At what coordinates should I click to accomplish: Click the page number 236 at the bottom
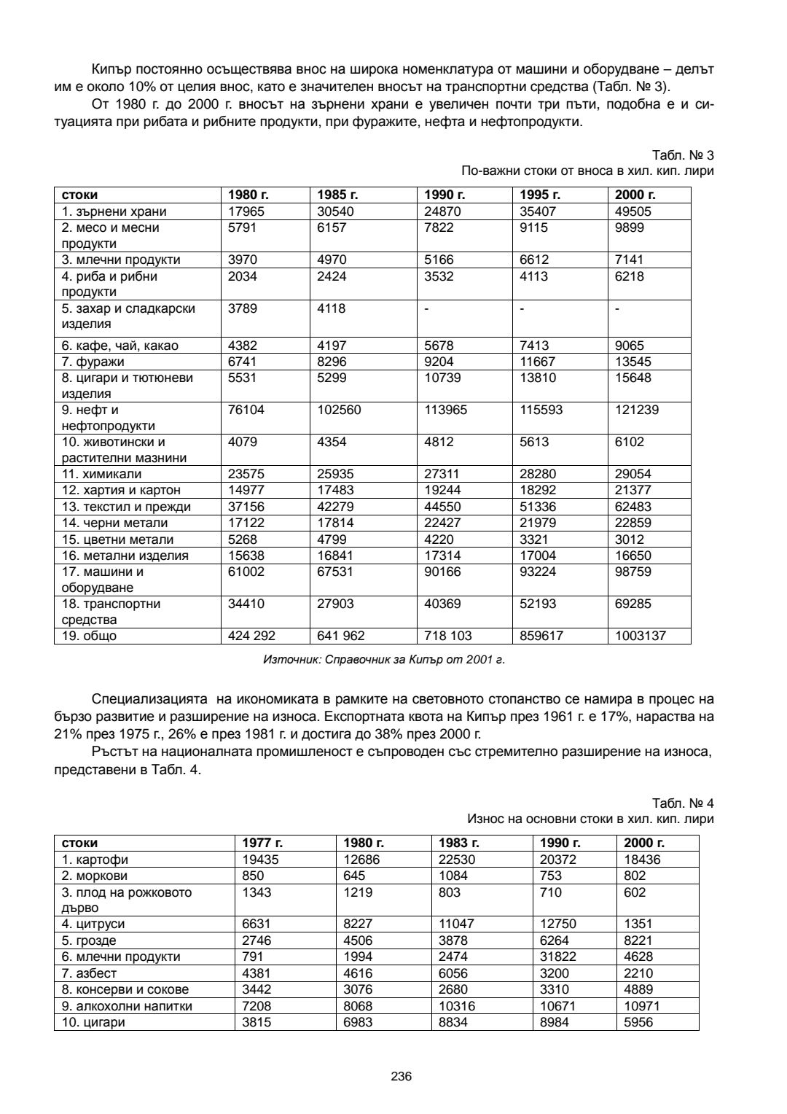point(402,1076)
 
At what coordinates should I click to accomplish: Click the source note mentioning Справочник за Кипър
point(383,660)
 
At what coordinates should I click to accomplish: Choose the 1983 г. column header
point(458,844)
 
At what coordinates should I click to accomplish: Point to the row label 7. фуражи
point(93,362)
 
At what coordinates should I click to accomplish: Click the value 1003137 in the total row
point(641,636)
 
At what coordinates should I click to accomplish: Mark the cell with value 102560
point(339,410)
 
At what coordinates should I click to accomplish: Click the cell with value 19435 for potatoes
point(260,860)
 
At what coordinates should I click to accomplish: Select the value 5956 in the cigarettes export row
point(638,1022)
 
